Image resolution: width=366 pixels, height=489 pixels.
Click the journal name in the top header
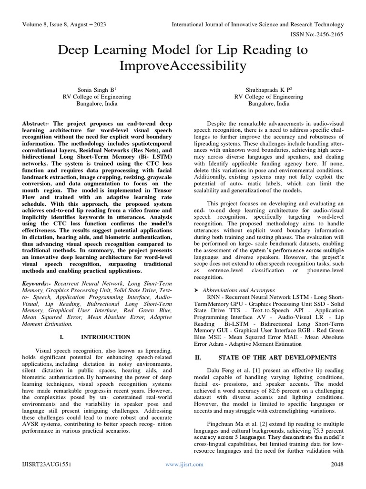coord(257,25)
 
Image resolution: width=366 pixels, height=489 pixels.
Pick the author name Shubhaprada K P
coord(268,89)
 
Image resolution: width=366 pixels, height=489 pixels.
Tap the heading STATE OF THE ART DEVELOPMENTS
coord(277,357)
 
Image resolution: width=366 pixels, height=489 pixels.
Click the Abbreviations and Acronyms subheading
coord(239,290)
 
